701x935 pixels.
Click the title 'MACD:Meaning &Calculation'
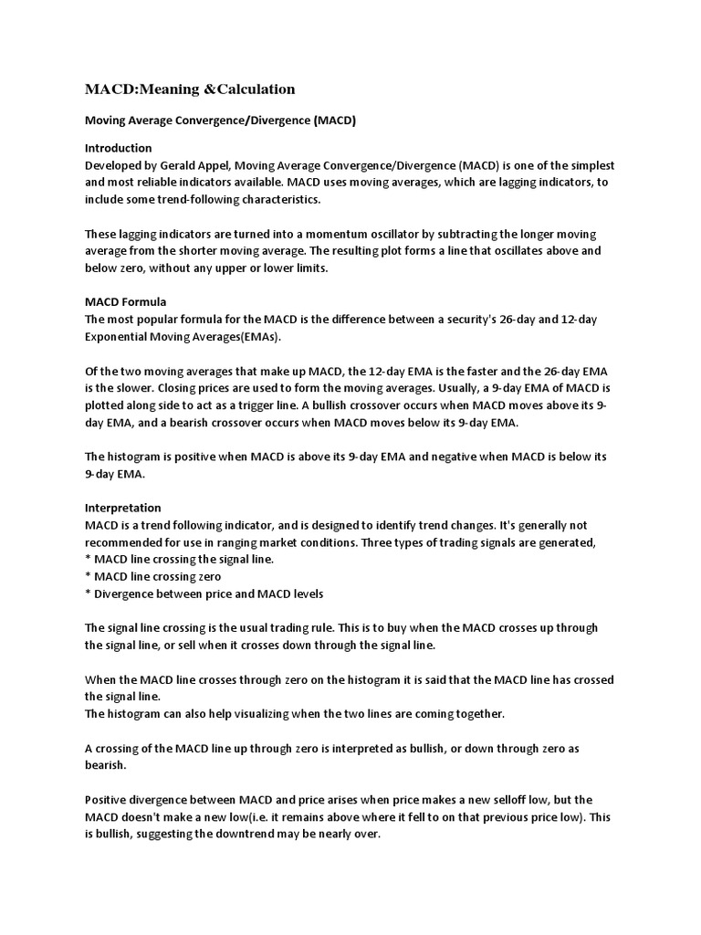point(190,89)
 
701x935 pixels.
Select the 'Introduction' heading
point(119,148)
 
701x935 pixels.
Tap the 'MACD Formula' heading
point(126,301)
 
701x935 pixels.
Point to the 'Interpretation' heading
point(123,508)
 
